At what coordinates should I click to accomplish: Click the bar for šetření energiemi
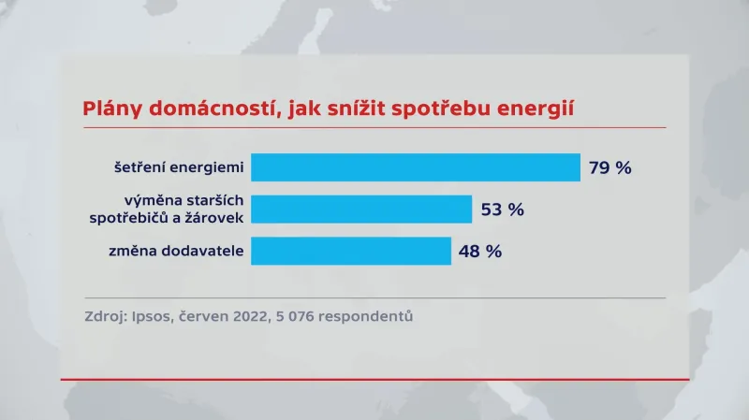click(x=416, y=167)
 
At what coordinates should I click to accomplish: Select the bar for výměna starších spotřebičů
click(x=361, y=210)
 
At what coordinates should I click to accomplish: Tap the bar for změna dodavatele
click(x=351, y=251)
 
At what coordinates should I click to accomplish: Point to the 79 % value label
click(x=610, y=168)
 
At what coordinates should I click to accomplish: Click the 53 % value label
click(x=502, y=210)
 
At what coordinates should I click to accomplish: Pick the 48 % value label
click(x=480, y=252)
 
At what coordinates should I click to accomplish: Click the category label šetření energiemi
click(x=178, y=168)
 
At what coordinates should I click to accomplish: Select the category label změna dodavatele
click(x=177, y=252)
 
